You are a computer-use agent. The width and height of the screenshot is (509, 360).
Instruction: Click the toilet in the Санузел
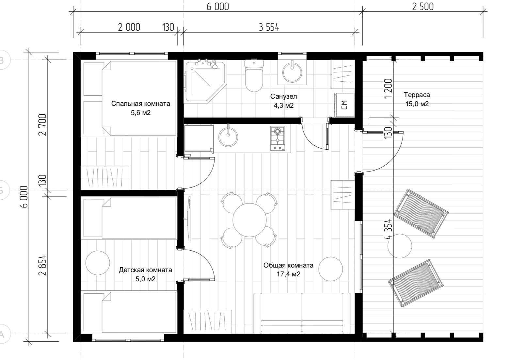(254, 75)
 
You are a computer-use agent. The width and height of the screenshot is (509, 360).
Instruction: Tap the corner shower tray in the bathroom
(206, 81)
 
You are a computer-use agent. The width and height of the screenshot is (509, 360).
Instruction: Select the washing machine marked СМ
(344, 105)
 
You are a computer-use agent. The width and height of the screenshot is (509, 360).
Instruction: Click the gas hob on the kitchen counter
(278, 138)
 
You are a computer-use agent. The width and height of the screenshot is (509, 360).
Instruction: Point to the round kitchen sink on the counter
(228, 137)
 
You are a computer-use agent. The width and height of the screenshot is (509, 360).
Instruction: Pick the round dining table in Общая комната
(249, 220)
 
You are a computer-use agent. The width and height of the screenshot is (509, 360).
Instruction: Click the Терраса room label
(417, 95)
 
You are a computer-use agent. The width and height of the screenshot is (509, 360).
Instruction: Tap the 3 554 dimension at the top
(269, 27)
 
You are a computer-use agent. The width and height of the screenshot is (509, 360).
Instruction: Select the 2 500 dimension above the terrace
(423, 7)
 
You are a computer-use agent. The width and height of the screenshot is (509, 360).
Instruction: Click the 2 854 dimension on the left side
(42, 265)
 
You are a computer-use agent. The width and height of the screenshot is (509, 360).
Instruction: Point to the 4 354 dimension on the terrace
(388, 229)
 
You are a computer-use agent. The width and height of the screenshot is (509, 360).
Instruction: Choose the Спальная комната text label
(141, 104)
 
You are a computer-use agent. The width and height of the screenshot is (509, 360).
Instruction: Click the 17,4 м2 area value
(288, 274)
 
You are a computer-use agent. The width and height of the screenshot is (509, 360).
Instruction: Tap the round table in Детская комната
(98, 263)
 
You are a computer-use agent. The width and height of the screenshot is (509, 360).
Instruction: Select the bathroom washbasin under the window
(292, 72)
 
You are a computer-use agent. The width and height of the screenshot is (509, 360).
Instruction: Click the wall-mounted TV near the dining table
(188, 219)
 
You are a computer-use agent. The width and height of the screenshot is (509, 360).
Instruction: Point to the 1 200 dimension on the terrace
(388, 89)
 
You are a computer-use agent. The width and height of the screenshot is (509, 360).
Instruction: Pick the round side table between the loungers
(400, 246)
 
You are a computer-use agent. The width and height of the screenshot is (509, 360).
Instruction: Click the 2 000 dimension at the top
(129, 27)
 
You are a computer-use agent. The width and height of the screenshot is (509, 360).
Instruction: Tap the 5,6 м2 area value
(141, 113)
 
